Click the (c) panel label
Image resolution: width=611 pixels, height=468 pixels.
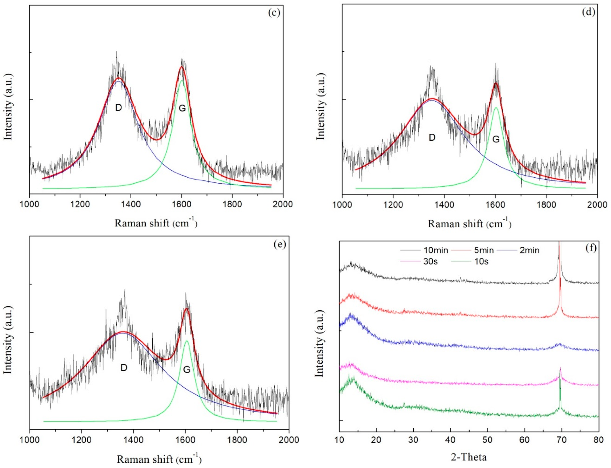click(x=274, y=13)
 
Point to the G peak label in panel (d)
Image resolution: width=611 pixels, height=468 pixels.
click(x=496, y=139)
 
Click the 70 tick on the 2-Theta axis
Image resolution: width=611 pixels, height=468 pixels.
click(x=562, y=440)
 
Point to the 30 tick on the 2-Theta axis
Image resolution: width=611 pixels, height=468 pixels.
click(x=413, y=440)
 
